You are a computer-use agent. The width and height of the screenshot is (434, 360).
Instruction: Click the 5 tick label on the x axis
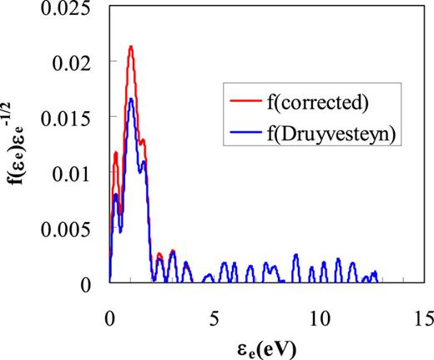214,317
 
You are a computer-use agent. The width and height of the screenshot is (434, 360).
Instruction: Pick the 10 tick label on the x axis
318,317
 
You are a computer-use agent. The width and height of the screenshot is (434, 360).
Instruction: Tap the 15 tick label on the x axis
422,317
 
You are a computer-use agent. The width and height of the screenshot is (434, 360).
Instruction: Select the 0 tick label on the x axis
109,317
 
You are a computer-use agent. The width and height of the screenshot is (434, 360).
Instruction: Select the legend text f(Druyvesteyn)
321,131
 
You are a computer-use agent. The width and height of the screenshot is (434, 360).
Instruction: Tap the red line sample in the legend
245,104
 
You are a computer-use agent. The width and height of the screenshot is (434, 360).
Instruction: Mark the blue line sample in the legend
245,131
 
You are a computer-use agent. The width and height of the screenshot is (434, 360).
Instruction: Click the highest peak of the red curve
131,47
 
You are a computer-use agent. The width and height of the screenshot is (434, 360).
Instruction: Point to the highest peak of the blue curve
131,99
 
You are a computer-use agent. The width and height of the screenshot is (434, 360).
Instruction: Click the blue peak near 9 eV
295,255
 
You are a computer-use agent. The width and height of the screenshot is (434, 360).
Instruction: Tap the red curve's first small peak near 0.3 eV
116,153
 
